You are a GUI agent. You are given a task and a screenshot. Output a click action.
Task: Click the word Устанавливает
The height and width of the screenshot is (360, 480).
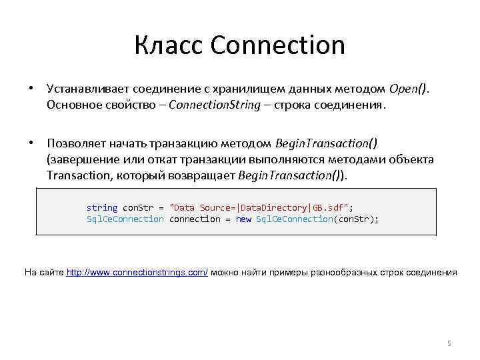coord(85,89)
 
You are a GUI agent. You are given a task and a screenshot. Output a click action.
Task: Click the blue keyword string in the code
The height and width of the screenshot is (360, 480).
coord(102,207)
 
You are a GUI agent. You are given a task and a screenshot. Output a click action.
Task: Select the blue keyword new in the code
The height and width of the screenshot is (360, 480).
coord(243,219)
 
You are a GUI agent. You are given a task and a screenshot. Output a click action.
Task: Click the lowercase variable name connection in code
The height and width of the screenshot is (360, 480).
coord(195,219)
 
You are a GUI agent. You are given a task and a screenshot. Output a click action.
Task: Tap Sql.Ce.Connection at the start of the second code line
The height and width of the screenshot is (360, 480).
coord(125,219)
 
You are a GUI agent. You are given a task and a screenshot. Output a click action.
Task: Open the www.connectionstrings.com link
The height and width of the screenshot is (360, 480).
coord(137,272)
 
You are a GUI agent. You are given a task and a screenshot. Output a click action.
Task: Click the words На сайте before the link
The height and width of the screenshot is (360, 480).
coord(44,272)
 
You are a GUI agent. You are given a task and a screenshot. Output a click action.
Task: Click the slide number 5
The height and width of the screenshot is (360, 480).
coord(449,343)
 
